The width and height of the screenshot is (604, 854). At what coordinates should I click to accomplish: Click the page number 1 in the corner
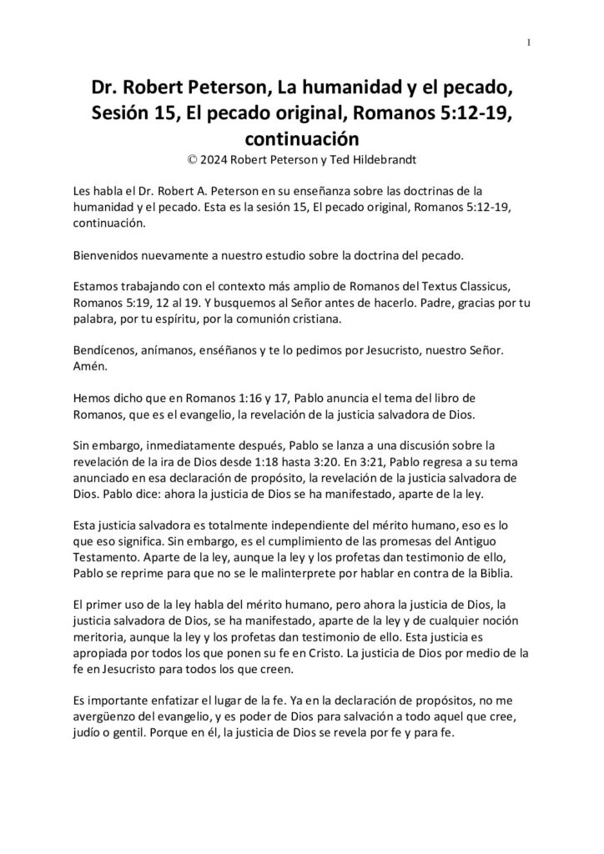click(530, 43)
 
